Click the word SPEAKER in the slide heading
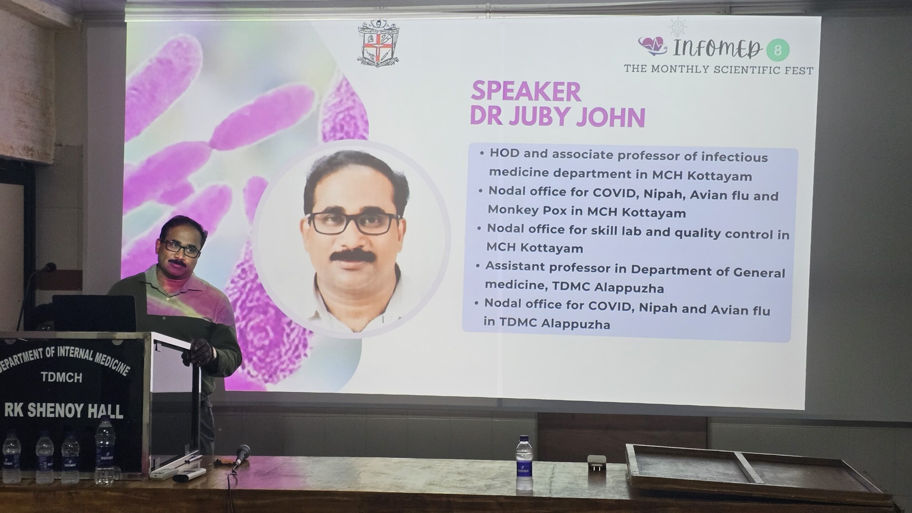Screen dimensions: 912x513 tap(526, 92)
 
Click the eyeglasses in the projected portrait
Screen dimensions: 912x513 tap(354, 223)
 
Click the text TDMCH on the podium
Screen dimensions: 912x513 tap(61, 378)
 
